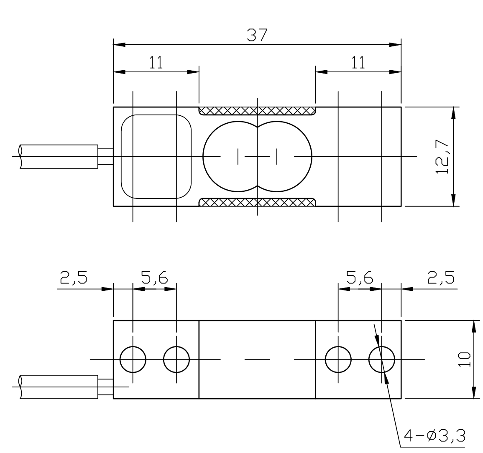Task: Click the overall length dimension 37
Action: [x=257, y=35]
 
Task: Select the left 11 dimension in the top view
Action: [x=156, y=63]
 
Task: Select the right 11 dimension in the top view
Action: [x=358, y=63]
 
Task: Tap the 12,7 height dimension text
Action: [x=442, y=157]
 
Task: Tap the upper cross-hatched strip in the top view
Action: [x=257, y=111]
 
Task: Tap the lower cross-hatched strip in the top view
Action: [x=257, y=202]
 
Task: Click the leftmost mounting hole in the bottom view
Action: [x=133, y=359]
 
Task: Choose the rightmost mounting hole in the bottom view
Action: [x=382, y=359]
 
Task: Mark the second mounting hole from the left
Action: [x=176, y=359]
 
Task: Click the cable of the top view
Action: [x=59, y=156]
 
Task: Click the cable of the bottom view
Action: [x=59, y=387]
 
